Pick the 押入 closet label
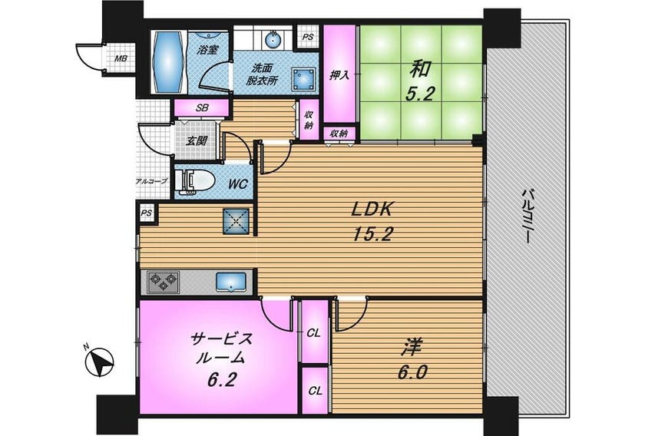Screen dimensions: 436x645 click(339, 76)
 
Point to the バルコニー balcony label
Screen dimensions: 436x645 click(528, 216)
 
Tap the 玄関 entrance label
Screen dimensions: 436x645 click(197, 140)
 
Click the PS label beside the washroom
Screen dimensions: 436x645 click(307, 37)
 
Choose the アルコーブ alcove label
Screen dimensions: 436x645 click(150, 182)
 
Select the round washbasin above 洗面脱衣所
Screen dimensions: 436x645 click(273, 38)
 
